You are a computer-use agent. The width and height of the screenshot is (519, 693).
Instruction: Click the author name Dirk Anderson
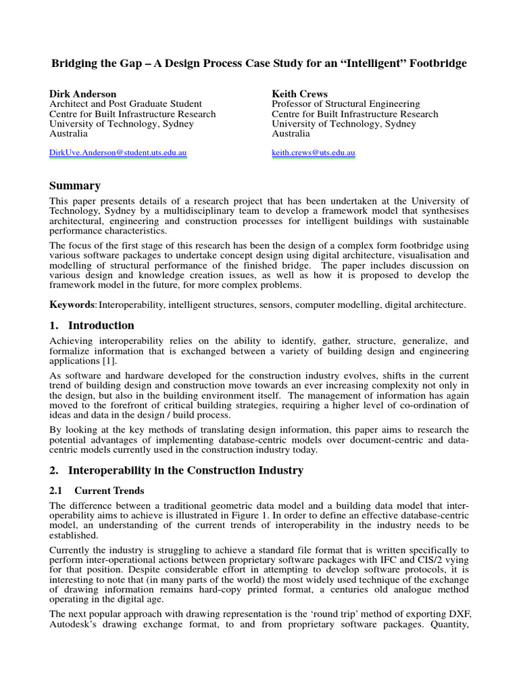click(83, 93)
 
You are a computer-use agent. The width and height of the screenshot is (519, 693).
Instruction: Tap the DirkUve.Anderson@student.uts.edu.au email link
click(118, 153)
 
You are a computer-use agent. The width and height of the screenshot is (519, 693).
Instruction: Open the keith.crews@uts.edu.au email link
click(314, 153)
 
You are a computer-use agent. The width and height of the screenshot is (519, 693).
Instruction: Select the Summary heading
click(75, 185)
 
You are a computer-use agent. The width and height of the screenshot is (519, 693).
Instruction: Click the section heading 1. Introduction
click(92, 325)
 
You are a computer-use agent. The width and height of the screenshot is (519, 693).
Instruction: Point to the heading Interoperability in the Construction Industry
click(189, 470)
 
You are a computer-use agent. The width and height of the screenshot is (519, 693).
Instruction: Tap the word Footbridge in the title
click(437, 64)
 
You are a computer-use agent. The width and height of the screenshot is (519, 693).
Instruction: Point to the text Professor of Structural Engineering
click(345, 104)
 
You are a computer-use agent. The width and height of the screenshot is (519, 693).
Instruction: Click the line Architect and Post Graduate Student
click(126, 104)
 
